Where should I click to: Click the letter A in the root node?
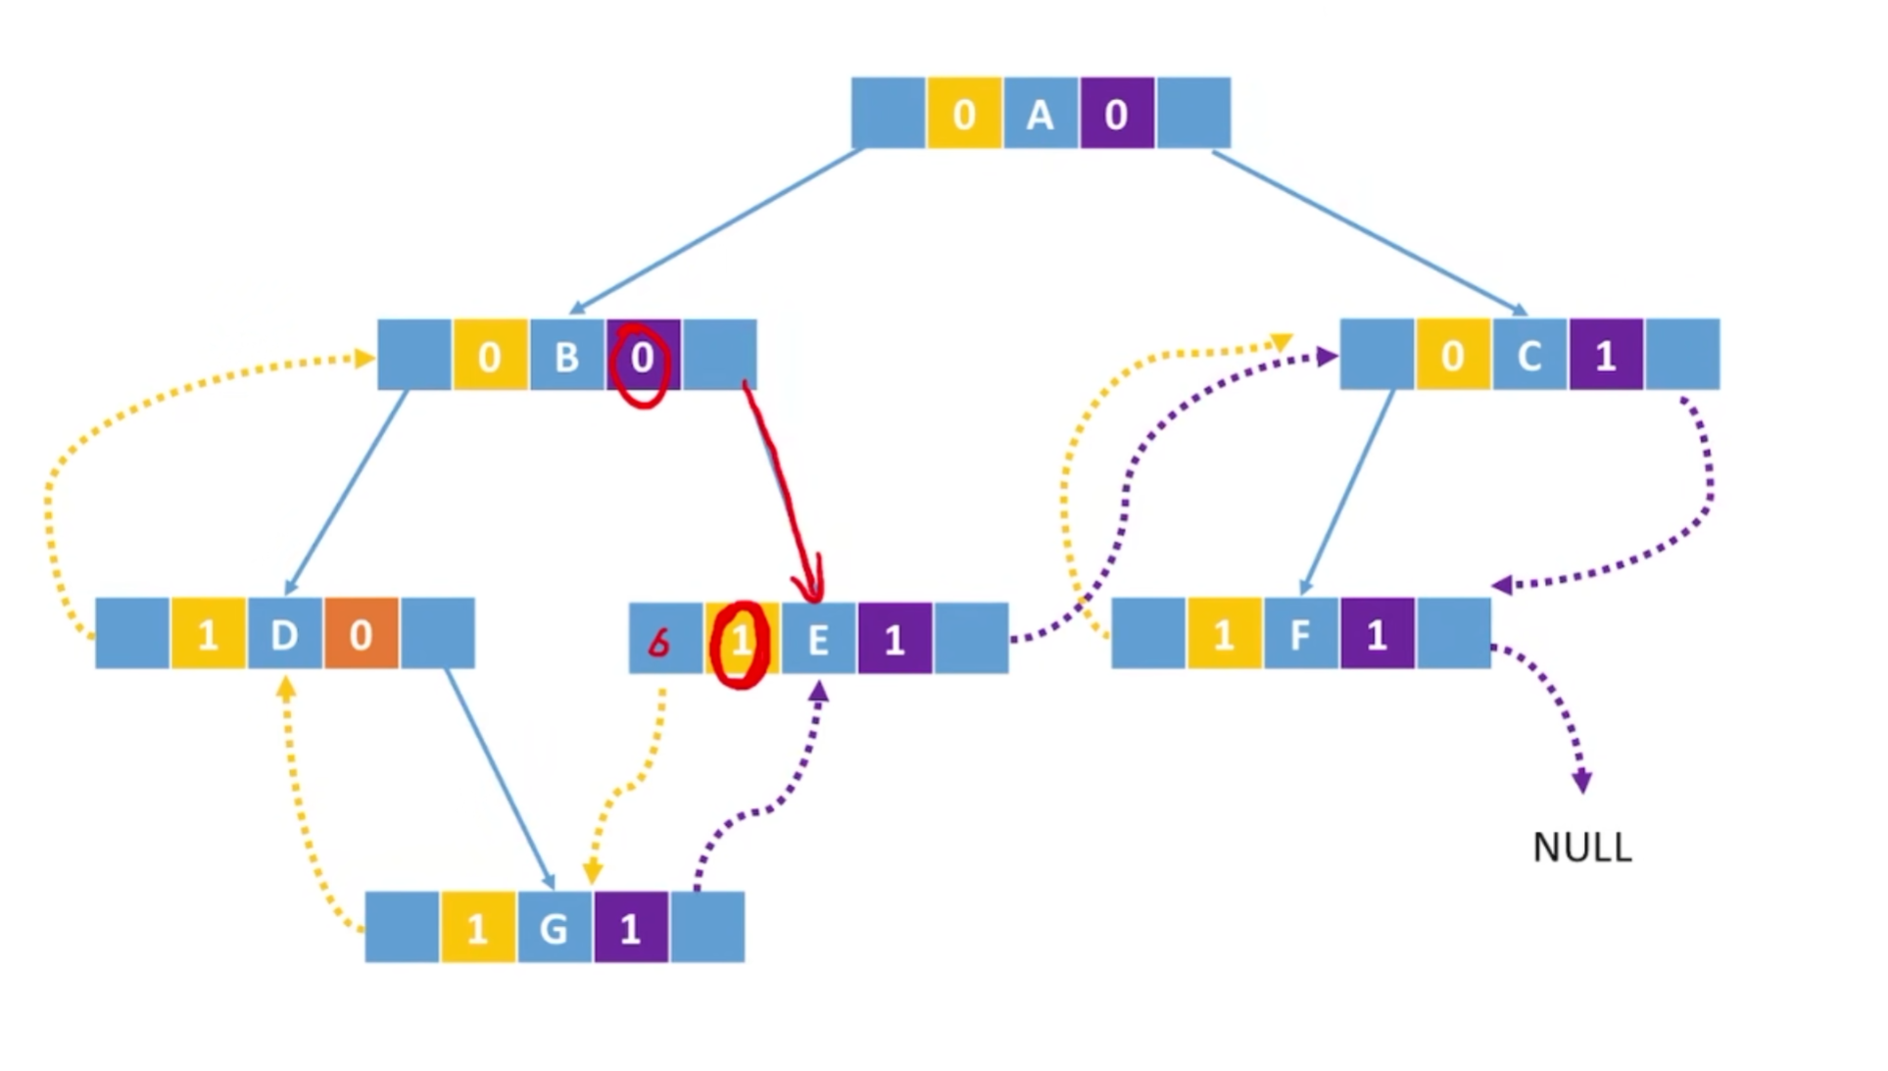pos(1040,115)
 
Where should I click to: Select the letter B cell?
pos(566,357)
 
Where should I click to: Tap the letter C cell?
pos(1528,356)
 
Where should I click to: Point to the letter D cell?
pos(284,635)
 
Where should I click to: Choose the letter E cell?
pos(818,640)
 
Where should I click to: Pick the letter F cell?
pos(1300,635)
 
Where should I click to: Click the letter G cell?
pos(554,928)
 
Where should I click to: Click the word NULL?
pos(1581,848)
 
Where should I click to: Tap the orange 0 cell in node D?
pos(361,635)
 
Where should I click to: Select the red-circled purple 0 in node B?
pos(643,359)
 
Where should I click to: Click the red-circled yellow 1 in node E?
pos(741,642)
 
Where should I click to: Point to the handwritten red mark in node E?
pos(659,643)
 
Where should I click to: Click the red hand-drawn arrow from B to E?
pos(784,490)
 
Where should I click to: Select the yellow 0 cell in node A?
pos(964,115)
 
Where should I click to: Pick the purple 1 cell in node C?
pos(1605,356)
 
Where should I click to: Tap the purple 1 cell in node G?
pos(630,928)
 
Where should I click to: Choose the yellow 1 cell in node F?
pos(1224,635)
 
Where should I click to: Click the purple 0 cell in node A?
pos(1116,115)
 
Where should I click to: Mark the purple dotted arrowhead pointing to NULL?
pos(1581,782)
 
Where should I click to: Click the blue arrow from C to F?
pos(1347,490)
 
